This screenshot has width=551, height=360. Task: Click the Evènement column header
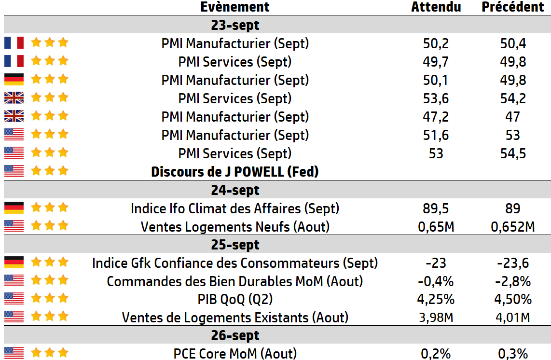(x=235, y=7)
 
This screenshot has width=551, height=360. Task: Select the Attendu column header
(x=436, y=7)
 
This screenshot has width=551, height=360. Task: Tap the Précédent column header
(x=513, y=7)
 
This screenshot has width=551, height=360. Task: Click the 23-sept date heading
(x=235, y=25)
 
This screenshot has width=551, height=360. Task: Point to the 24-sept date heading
(x=235, y=190)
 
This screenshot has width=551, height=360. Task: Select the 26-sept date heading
(x=235, y=335)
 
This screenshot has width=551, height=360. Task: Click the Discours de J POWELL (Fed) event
(x=235, y=172)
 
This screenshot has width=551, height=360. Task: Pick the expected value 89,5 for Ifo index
(x=436, y=208)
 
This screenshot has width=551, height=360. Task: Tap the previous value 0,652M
(x=513, y=227)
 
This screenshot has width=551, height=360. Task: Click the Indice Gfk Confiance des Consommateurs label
(x=235, y=263)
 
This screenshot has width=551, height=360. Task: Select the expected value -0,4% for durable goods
(x=436, y=281)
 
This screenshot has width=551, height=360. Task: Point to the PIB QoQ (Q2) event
(x=235, y=300)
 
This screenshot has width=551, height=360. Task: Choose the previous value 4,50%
(x=513, y=300)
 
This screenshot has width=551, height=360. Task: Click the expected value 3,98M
(x=436, y=318)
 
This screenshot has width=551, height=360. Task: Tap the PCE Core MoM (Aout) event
(x=235, y=354)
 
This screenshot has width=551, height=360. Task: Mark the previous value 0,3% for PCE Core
(x=513, y=354)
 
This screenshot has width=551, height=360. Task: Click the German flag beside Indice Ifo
(x=14, y=208)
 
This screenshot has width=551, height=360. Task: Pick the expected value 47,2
(x=436, y=117)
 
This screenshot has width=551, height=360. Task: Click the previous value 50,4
(x=513, y=43)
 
